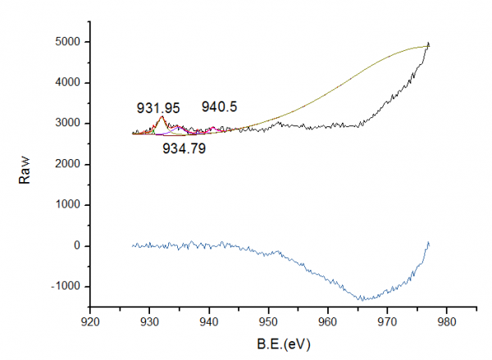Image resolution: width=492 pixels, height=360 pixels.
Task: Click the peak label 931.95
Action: (x=155, y=108)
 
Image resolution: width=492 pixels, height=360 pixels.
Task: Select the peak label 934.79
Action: (x=184, y=148)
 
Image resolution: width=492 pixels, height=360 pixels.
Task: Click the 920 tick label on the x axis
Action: (x=90, y=321)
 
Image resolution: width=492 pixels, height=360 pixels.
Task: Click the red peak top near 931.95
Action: (x=162, y=116)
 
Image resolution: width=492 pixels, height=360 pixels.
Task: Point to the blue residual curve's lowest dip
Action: (x=362, y=299)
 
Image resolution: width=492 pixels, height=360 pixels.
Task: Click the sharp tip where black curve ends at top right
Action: (x=428, y=43)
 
